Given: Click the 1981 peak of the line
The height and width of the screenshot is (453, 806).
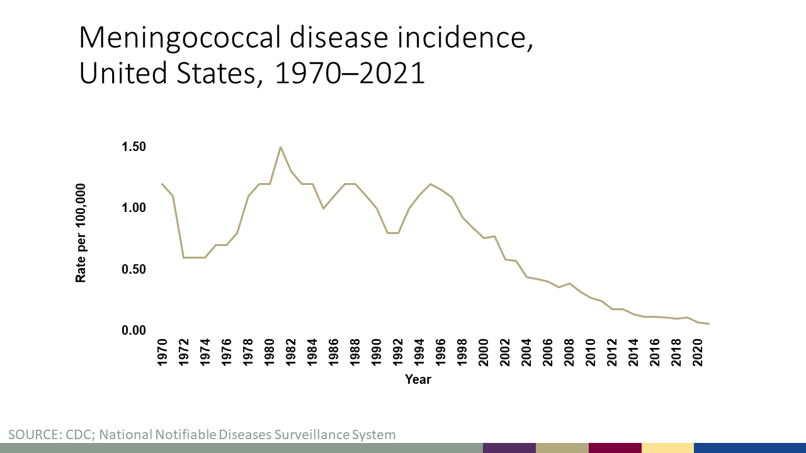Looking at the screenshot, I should point(280,147).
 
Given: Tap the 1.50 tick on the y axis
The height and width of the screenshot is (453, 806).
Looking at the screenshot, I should point(133,147).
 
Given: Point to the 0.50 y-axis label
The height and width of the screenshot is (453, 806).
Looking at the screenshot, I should point(133,269).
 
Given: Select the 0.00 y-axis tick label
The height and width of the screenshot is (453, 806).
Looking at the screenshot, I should point(133,330).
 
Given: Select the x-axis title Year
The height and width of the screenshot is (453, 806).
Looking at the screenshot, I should point(418,379).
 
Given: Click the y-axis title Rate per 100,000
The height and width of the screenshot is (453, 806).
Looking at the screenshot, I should point(81,233).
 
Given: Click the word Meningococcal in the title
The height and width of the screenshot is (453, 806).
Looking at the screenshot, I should point(179,40).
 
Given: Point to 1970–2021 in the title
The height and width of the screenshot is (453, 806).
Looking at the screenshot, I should point(350,74).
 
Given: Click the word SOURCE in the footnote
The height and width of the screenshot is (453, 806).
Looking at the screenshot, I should point(31,434).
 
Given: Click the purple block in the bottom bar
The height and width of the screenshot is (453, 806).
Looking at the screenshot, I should point(509,447).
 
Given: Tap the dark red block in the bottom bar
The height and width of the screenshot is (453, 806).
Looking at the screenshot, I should point(615,447).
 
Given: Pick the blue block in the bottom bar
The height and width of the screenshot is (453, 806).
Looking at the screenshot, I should point(749,447).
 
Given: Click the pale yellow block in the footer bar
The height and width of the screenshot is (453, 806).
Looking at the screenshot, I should point(667,447).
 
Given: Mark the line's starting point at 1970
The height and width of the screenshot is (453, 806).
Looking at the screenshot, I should point(162,184).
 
